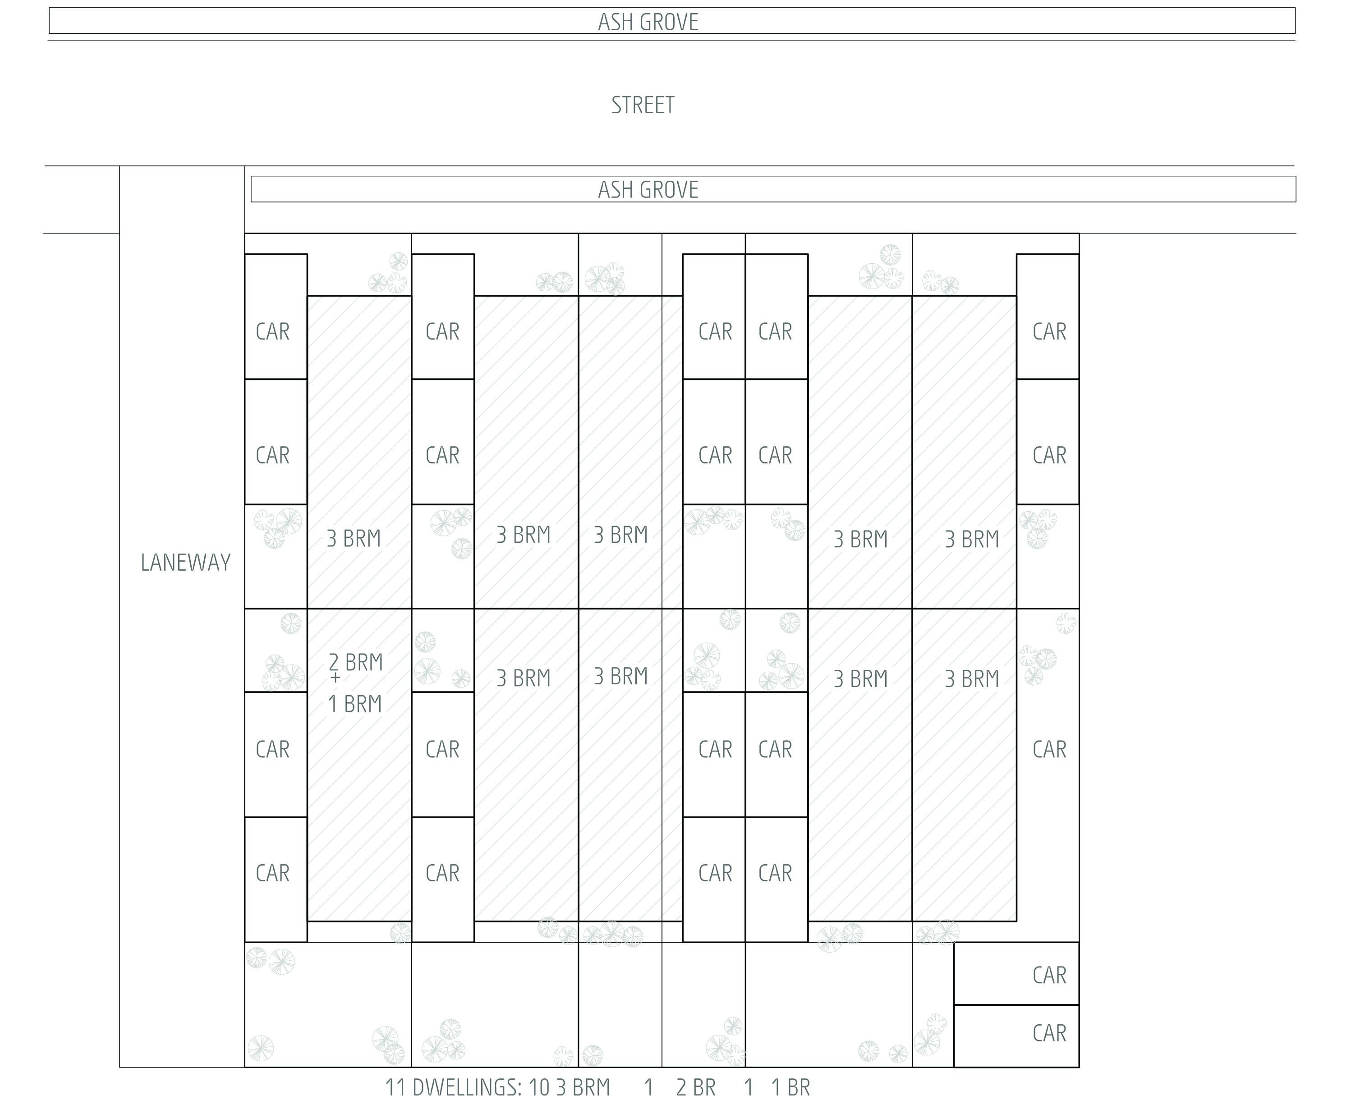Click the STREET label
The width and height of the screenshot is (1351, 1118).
(643, 105)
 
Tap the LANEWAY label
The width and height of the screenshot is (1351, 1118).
(185, 563)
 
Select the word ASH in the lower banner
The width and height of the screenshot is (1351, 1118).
(613, 190)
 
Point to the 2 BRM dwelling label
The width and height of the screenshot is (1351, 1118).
(356, 662)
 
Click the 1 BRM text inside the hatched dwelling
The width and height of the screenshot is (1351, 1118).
(355, 704)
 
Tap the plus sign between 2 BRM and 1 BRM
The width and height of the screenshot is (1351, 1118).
(335, 678)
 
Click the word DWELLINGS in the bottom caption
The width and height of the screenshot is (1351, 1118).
(466, 1087)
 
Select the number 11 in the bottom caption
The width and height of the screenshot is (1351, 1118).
(395, 1087)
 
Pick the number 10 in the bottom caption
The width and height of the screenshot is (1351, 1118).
(539, 1087)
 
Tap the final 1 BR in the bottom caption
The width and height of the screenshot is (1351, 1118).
(790, 1087)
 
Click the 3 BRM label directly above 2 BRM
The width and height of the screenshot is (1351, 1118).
(354, 538)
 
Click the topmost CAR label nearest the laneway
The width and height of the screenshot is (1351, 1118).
(273, 331)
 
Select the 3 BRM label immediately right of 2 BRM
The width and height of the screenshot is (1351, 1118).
(523, 678)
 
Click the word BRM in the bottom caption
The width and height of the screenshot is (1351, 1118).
(583, 1087)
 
